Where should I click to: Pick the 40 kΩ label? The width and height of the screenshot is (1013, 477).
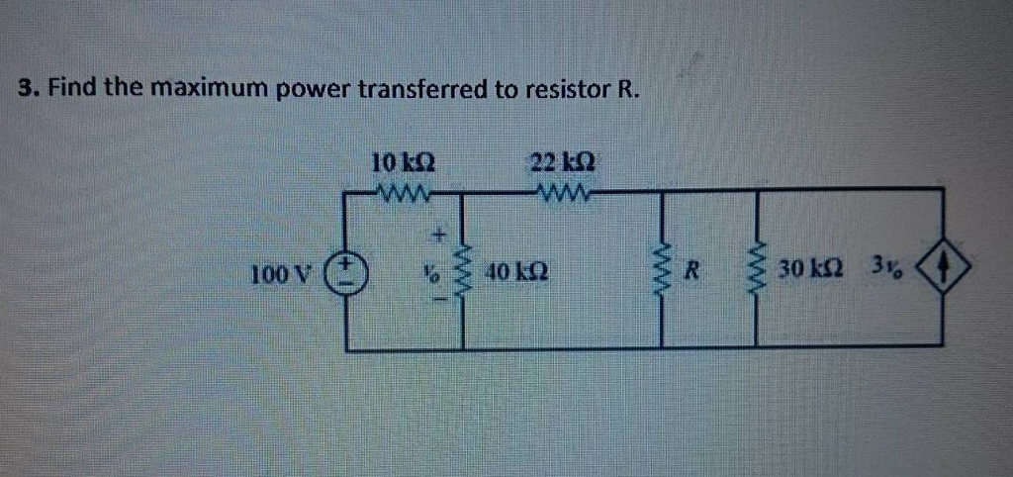tap(519, 269)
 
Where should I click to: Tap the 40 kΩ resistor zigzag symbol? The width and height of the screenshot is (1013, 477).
tap(464, 269)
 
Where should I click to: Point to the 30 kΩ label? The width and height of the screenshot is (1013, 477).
tap(808, 269)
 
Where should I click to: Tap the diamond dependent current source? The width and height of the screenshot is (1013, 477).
tap(940, 267)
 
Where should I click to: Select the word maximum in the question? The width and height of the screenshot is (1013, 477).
tap(209, 88)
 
